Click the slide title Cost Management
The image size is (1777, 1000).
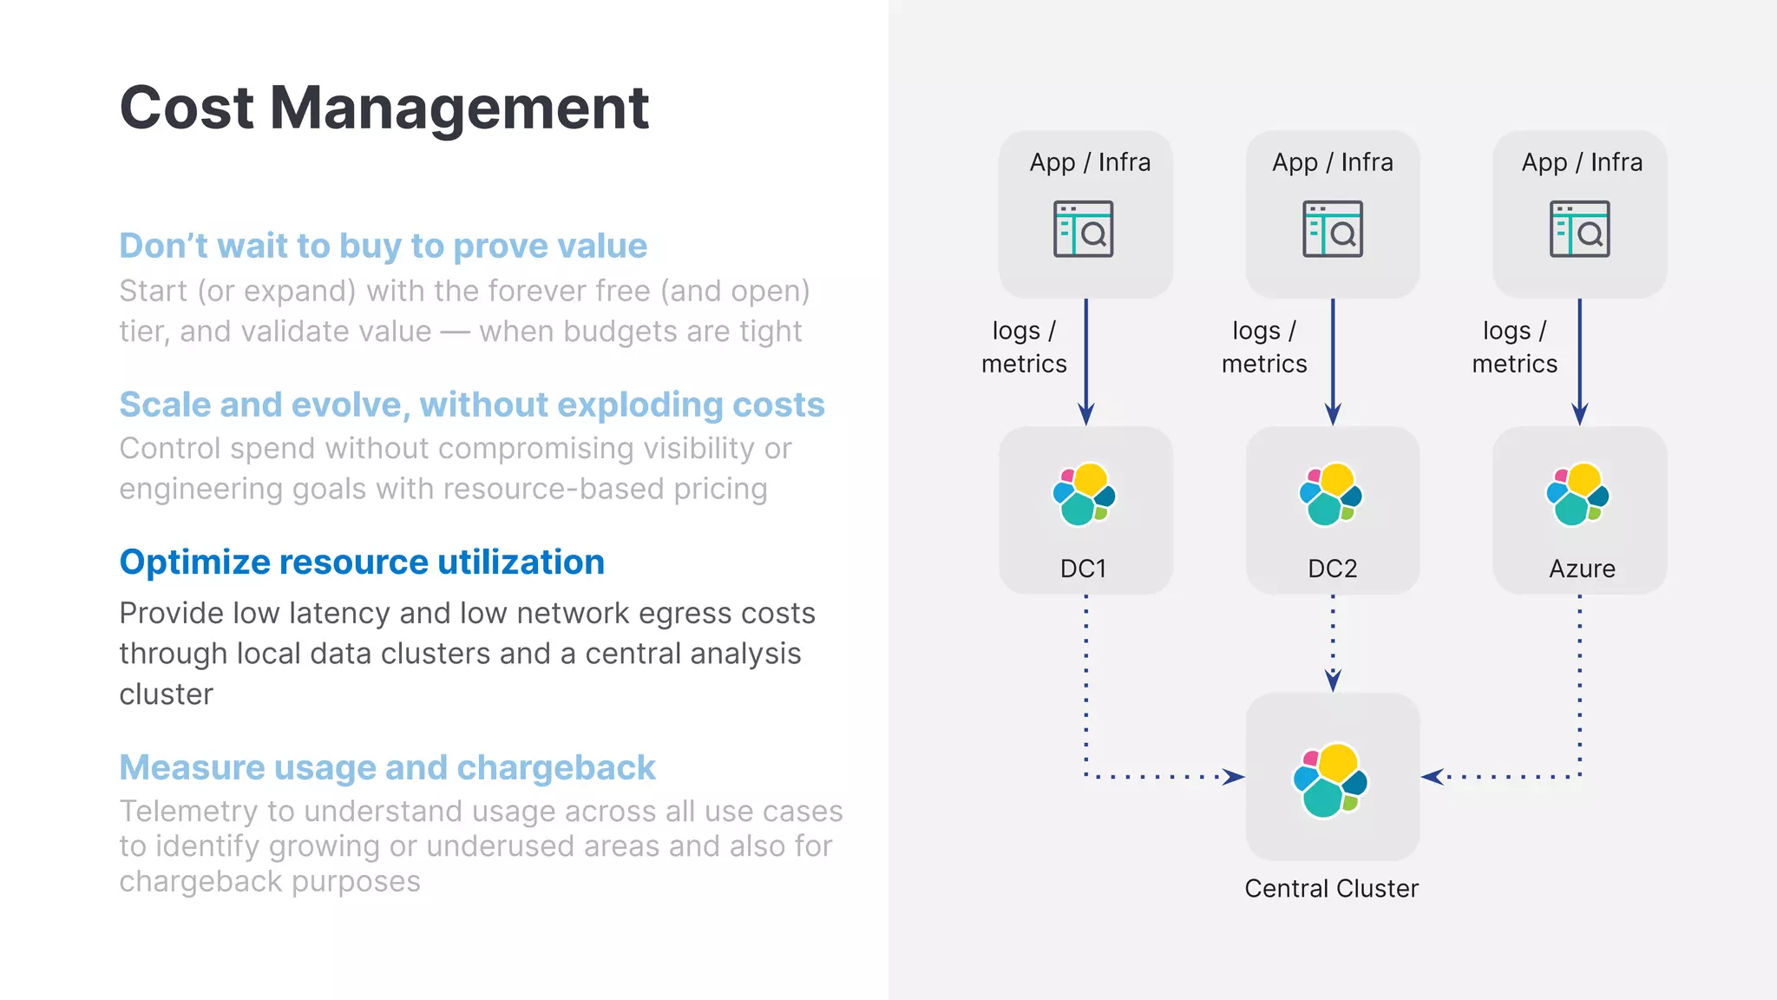(x=384, y=109)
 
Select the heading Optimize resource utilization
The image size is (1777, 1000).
(x=362, y=562)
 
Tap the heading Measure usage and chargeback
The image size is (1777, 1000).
(x=387, y=767)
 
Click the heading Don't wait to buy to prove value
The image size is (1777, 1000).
(x=383, y=246)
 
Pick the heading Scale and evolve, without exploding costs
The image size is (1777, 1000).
(x=471, y=405)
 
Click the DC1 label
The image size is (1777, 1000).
(x=1083, y=569)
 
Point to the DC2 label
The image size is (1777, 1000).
(x=1332, y=569)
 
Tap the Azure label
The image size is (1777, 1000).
(x=1582, y=569)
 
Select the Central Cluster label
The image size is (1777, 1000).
(x=1331, y=888)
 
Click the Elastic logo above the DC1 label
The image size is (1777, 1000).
(x=1084, y=494)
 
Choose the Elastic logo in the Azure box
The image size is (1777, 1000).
(x=1577, y=494)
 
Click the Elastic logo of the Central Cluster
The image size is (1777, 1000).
(x=1330, y=780)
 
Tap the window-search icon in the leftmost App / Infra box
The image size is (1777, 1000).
(x=1083, y=229)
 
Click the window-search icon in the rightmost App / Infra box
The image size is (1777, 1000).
(x=1579, y=229)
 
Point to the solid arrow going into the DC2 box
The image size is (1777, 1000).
(x=1333, y=365)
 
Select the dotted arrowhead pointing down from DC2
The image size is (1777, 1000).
(x=1333, y=680)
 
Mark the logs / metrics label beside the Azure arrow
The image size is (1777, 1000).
(x=1514, y=347)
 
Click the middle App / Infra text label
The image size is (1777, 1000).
(x=1332, y=162)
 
